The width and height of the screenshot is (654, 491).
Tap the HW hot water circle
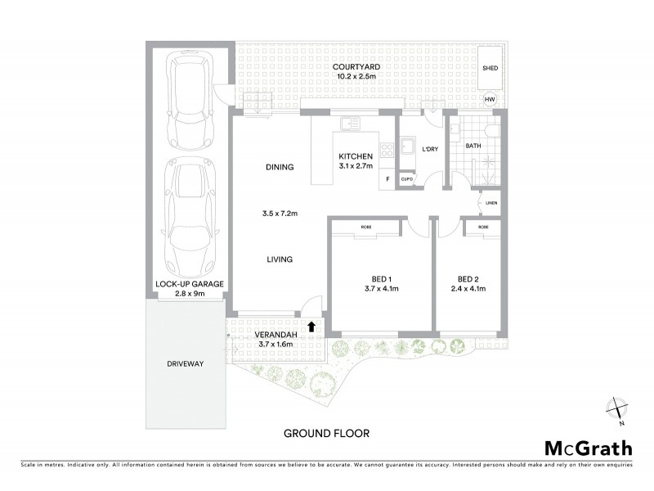490,100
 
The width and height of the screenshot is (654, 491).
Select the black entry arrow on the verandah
311,327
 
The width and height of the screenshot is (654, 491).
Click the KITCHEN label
356,155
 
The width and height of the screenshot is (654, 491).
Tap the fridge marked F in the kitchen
387,178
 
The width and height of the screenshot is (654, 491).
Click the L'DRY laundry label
430,150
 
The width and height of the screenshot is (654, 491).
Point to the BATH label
473,146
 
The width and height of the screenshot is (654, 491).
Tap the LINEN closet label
490,202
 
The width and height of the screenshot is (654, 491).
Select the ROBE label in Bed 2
483,227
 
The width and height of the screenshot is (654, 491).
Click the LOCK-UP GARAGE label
190,284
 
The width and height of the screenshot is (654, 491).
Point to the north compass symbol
616,409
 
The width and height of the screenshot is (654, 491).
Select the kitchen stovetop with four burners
387,149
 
